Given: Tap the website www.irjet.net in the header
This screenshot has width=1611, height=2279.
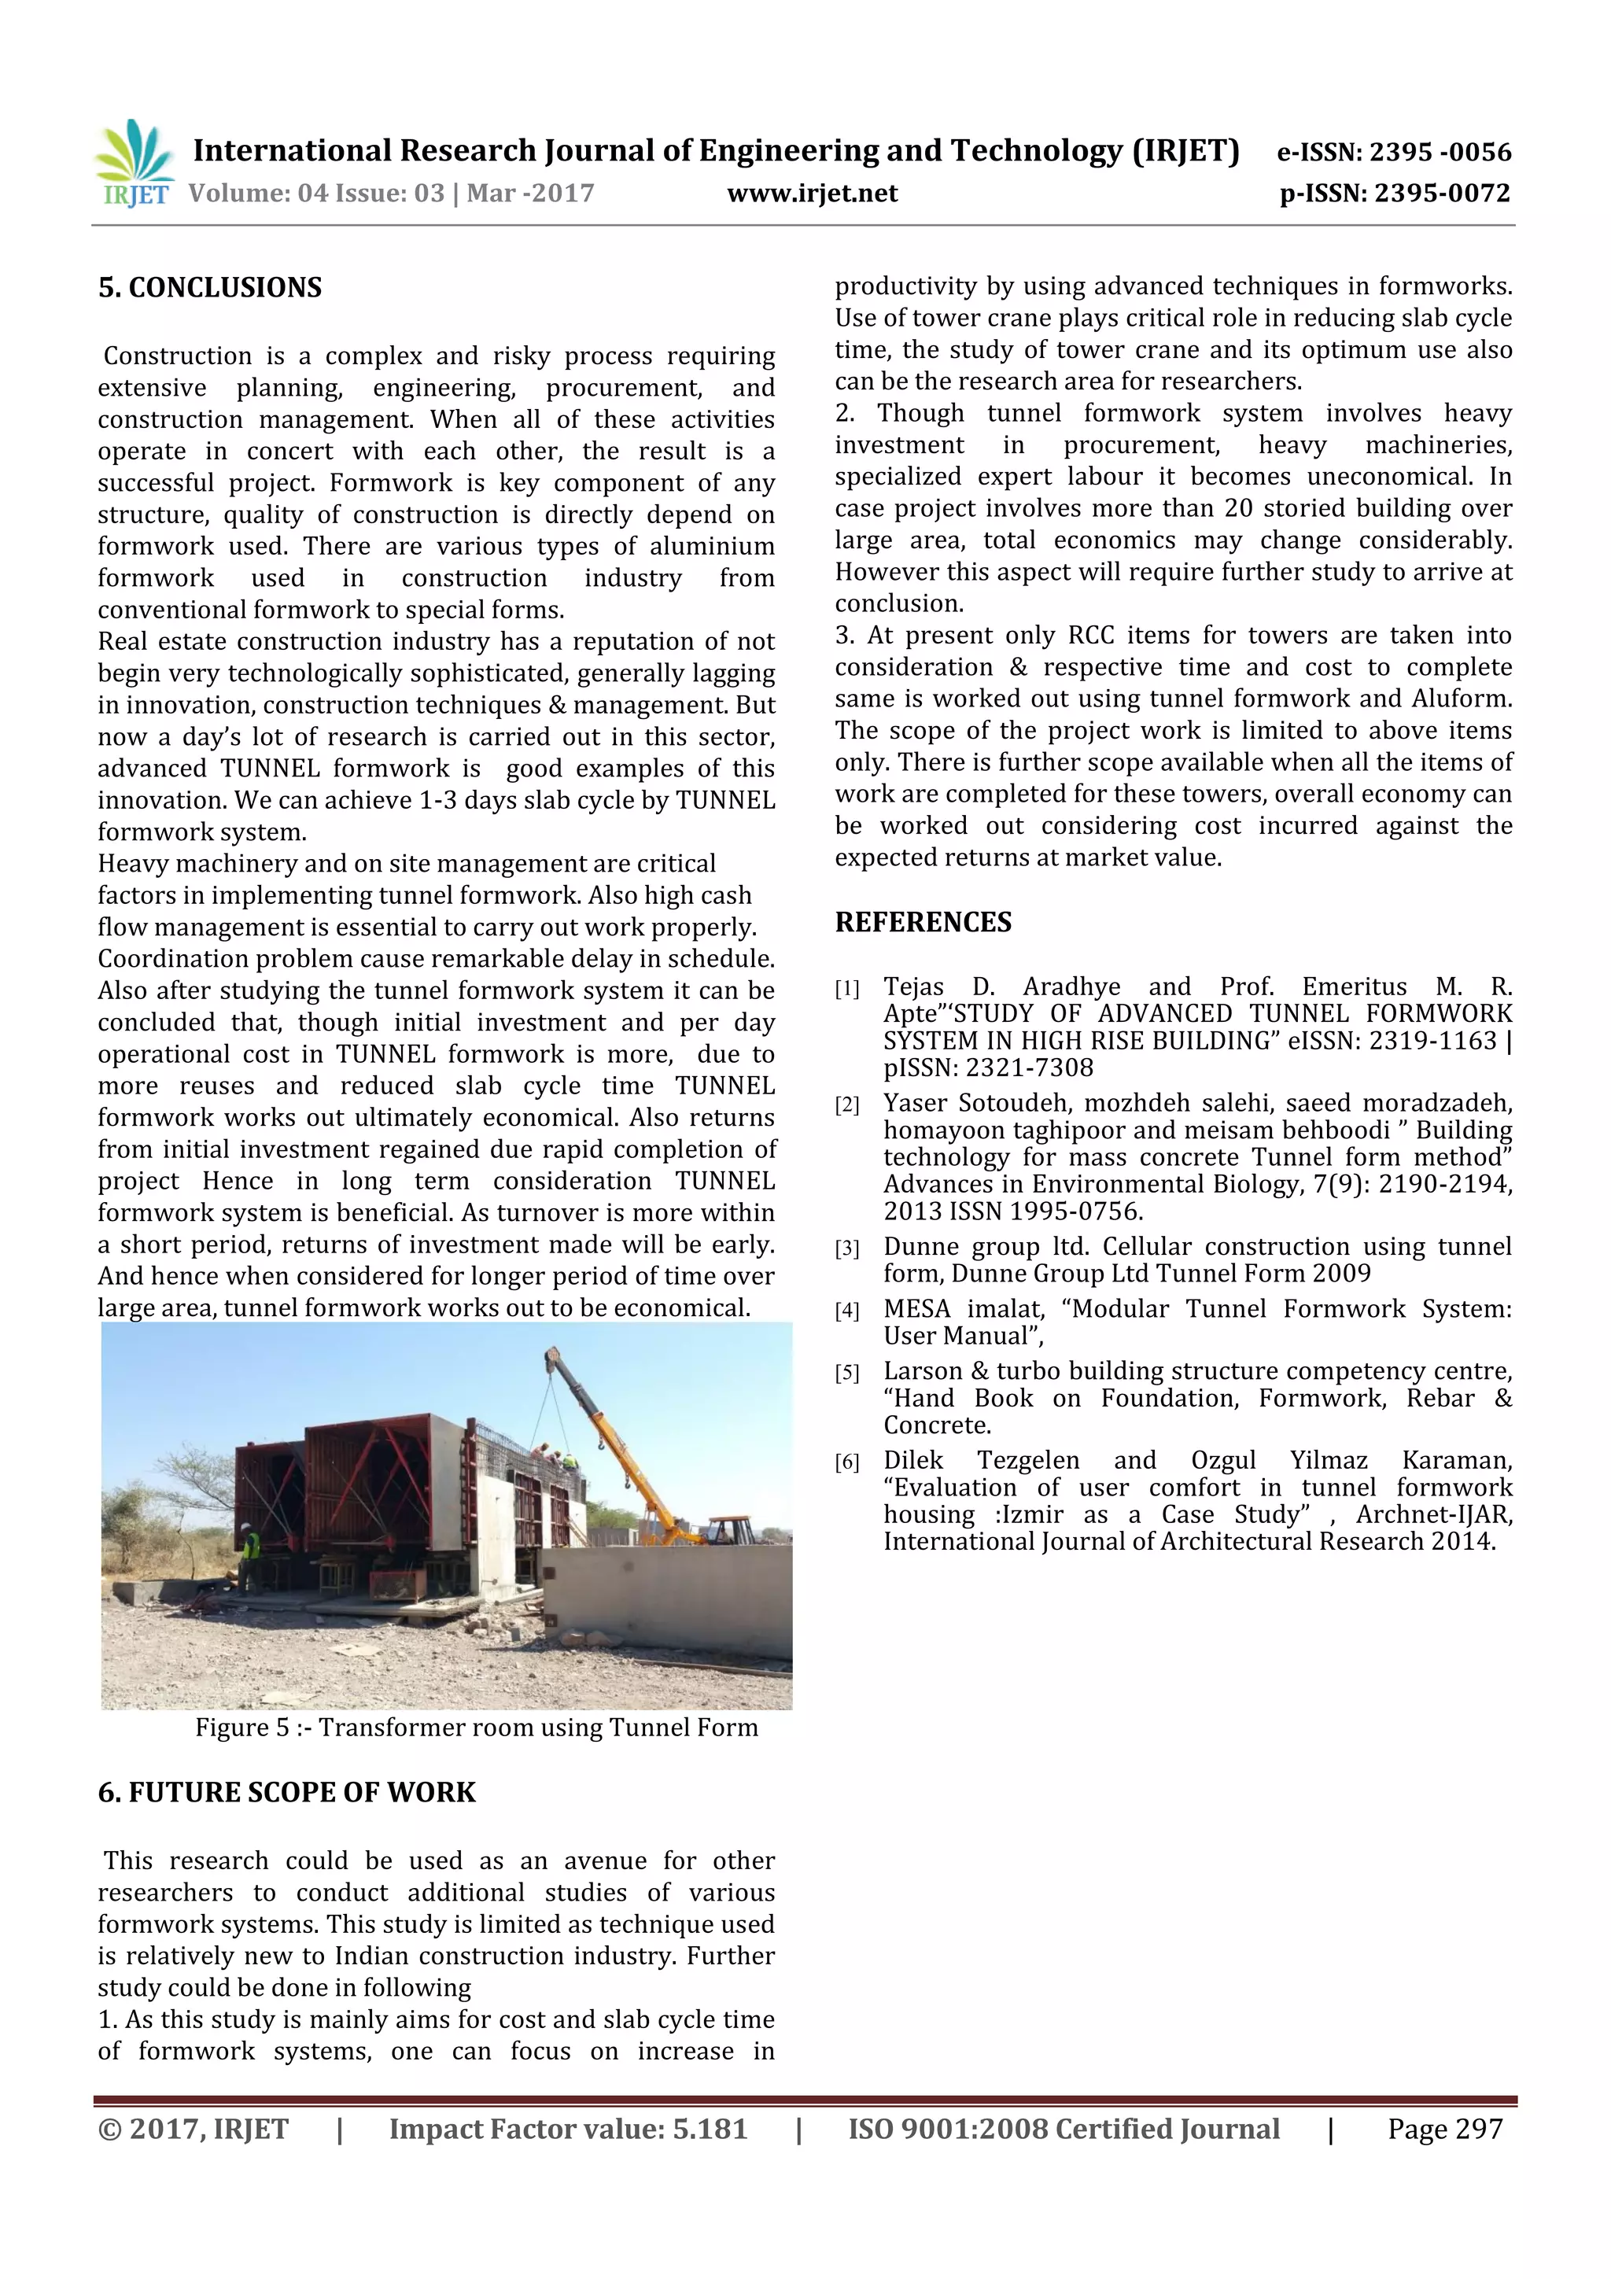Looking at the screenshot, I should point(812,193).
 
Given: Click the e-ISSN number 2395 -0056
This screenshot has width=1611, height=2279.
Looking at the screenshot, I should point(1440,152).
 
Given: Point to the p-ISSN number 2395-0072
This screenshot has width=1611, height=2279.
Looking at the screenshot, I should point(1442,193).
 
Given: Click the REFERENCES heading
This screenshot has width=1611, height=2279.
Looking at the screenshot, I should point(923,922).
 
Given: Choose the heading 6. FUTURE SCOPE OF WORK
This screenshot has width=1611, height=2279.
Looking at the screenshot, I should point(287,1793).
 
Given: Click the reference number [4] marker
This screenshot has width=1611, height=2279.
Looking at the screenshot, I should point(846,1311).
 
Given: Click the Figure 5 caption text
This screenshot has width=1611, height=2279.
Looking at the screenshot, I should point(477,1728).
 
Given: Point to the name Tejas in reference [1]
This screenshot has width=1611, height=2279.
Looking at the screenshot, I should point(913,986).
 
